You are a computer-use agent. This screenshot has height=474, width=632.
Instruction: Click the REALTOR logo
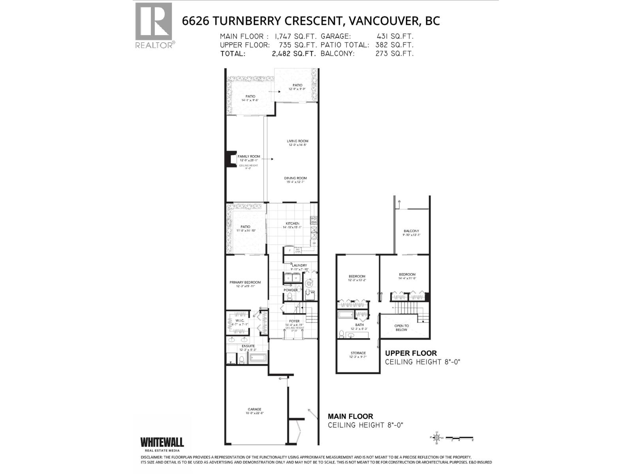pos(154,24)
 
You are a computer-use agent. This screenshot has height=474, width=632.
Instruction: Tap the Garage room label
pos(254,409)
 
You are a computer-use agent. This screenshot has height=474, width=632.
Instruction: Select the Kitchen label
pos(292,224)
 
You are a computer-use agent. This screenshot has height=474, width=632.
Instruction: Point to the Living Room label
pos(297,141)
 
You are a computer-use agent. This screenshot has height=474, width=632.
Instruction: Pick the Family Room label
pos(248,156)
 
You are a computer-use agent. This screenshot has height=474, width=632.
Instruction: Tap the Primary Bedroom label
pos(245,282)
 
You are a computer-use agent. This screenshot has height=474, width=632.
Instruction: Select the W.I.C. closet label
pos(239,320)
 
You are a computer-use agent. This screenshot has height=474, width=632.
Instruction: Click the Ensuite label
pos(248,346)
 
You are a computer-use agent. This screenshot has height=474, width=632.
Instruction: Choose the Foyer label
pos(294,321)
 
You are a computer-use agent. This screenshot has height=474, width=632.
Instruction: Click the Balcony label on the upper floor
pos(411,231)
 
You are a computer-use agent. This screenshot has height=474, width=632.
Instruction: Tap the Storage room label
pos(358,353)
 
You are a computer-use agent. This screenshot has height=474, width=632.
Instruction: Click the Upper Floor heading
pos(411,353)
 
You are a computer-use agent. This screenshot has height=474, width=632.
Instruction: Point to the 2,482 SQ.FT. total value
pos(294,54)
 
